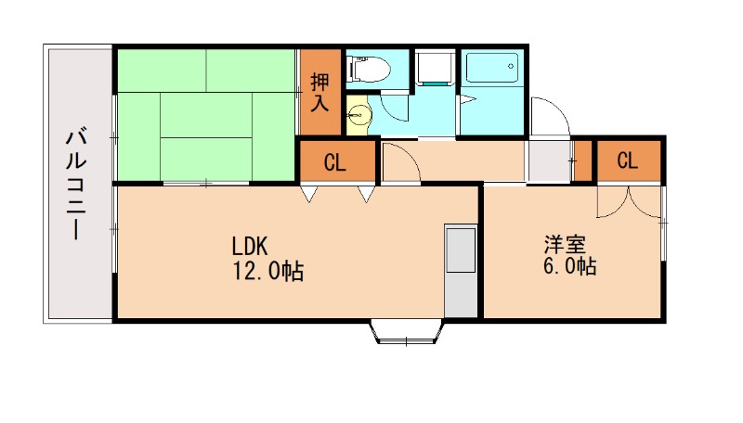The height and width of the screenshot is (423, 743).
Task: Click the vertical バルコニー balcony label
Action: coord(75,186)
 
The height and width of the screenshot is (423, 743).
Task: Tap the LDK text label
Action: coord(250,247)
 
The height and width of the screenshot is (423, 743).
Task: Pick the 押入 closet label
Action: coord(319,92)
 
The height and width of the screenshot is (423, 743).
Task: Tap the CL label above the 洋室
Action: coord(628,160)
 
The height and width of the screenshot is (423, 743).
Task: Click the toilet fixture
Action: coord(370,68)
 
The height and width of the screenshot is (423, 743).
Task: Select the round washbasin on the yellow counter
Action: coord(359,114)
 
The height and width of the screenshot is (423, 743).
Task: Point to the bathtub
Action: coord(491,69)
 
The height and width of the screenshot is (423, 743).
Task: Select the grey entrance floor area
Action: coord(549,160)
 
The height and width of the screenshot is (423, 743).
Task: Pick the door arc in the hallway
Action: coord(399,163)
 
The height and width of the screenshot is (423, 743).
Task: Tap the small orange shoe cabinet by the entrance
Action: coord(583,160)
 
